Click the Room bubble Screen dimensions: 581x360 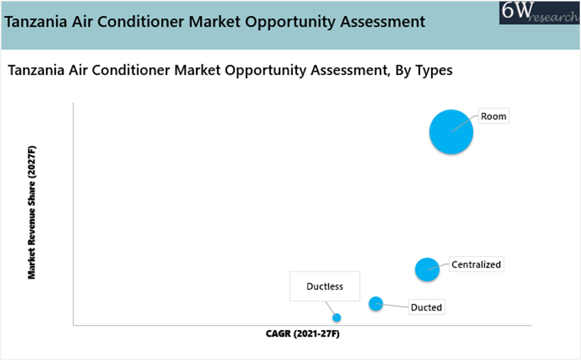[x=451, y=132]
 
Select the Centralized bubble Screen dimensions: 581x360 [x=427, y=269]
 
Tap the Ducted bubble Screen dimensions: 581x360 [x=376, y=304]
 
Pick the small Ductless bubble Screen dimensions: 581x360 [x=336, y=317]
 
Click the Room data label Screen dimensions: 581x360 [x=493, y=117]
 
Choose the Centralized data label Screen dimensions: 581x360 [x=476, y=264]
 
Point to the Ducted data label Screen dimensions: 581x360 [x=426, y=308]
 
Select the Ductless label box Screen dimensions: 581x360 [x=324, y=286]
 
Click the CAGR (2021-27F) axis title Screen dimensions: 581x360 [x=302, y=333]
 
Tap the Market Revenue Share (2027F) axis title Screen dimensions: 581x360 [x=32, y=213]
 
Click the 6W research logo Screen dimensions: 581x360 [x=540, y=12]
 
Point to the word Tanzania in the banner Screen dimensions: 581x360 [x=36, y=22]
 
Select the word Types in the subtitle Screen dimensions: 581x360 [x=434, y=70]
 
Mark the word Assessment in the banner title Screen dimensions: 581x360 [x=383, y=22]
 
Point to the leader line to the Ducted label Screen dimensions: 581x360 [x=392, y=306]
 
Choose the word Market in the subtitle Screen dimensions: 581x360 [x=197, y=70]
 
